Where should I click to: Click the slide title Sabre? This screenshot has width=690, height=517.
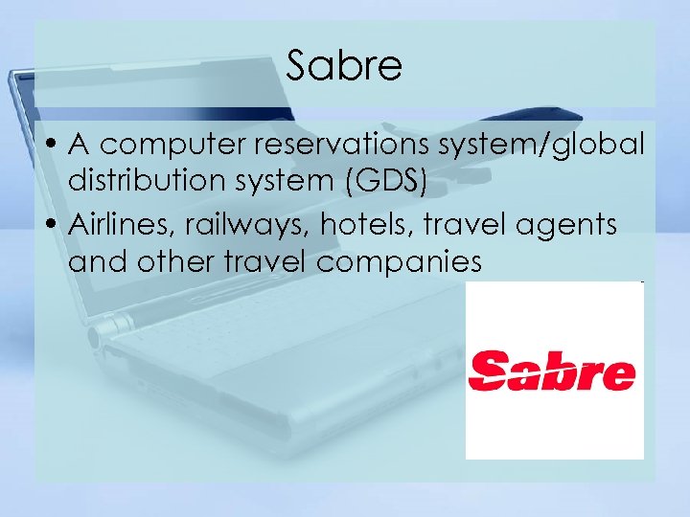pyautogui.click(x=344, y=66)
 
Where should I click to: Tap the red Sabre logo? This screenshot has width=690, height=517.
pyautogui.click(x=552, y=371)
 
